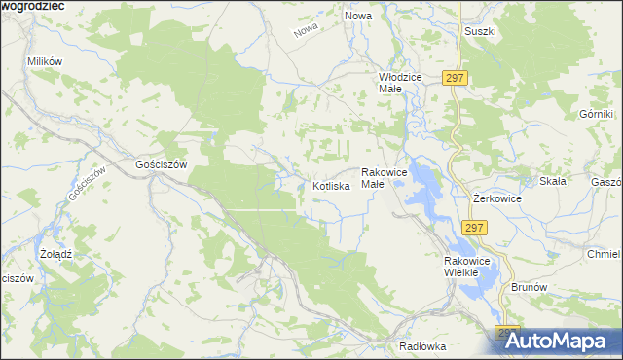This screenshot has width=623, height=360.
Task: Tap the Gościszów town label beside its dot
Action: tap(161, 165)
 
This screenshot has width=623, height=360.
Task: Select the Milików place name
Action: tap(45, 61)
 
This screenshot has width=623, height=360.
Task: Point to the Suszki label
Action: tap(480, 31)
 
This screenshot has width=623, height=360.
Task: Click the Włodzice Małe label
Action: tap(397, 82)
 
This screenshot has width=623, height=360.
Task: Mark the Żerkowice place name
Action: tap(496, 198)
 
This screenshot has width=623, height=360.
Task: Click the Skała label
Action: tap(552, 182)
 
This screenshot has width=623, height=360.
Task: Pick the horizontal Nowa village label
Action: tap(358, 17)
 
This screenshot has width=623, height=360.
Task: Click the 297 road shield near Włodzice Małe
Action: tap(455, 78)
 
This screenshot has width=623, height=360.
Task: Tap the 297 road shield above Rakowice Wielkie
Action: tap(474, 227)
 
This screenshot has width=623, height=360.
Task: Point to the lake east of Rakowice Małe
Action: tap(424, 183)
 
